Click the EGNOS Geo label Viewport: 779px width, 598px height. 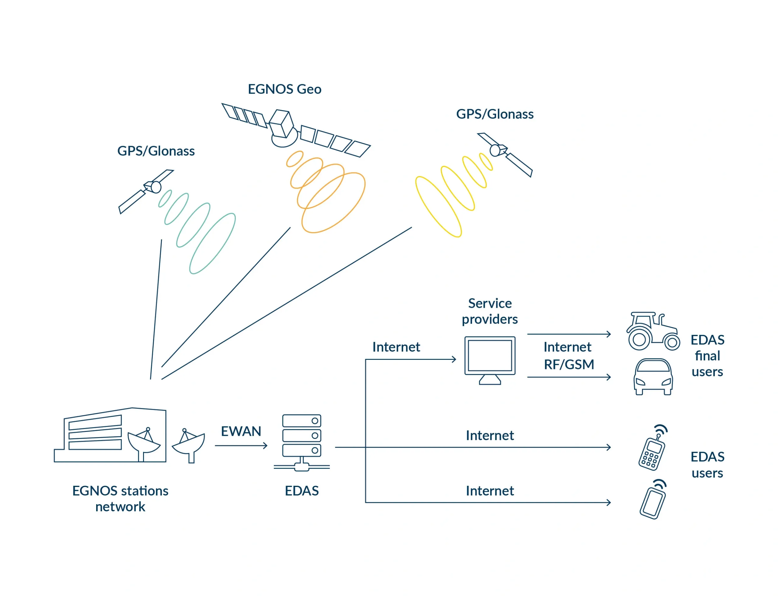coord(284,89)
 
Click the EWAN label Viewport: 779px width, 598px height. coord(241,431)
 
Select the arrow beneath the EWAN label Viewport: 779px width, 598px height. coord(241,445)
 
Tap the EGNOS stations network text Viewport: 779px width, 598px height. coord(120,498)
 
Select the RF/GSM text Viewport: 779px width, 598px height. coord(569,364)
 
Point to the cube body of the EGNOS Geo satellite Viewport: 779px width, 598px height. coord(281,123)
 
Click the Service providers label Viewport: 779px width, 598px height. coord(490,311)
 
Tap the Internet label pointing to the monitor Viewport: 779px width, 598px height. coord(396,347)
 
